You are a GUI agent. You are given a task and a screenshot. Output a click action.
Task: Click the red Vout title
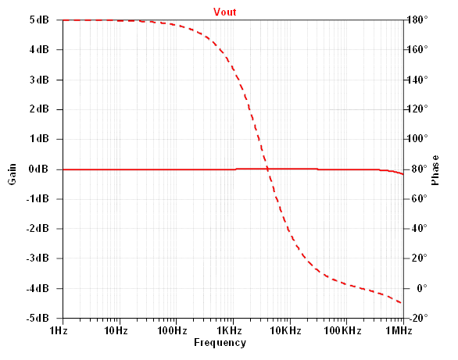[224, 12]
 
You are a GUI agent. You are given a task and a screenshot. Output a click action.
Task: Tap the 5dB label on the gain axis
[39, 20]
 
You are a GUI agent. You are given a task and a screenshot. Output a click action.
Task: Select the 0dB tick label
[38, 169]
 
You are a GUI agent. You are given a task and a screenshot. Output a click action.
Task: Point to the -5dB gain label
[38, 318]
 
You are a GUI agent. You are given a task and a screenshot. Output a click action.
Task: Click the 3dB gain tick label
[39, 80]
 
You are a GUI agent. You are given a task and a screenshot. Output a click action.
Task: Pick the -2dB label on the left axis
[38, 229]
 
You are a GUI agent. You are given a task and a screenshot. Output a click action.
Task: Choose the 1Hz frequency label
[59, 331]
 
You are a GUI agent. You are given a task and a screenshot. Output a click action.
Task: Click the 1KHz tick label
[229, 331]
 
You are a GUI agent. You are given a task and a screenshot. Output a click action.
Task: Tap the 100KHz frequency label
[342, 331]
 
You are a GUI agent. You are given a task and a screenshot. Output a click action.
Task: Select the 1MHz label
[399, 331]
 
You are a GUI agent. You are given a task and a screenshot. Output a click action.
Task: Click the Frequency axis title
[220, 343]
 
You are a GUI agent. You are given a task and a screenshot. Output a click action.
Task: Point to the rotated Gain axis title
[12, 174]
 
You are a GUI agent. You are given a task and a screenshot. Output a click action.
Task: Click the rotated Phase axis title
[435, 170]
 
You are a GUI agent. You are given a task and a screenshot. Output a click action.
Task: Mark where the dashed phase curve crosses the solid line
[267, 169]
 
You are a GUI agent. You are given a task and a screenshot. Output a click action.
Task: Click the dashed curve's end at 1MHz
[402, 303]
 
